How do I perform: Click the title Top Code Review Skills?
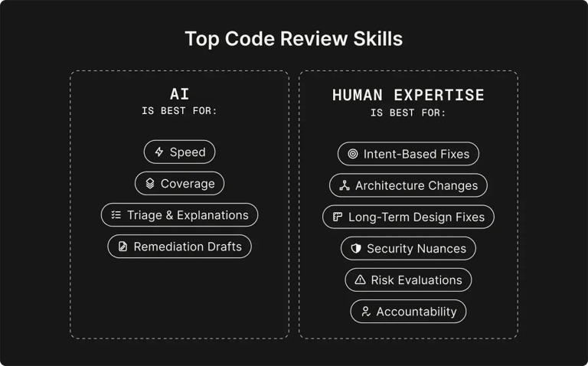click(x=293, y=38)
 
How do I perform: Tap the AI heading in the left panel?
click(x=179, y=95)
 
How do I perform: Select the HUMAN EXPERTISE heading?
click(x=408, y=95)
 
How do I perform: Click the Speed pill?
click(x=179, y=152)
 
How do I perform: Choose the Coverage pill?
click(x=179, y=184)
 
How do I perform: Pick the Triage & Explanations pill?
click(x=179, y=215)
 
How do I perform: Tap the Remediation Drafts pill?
click(x=179, y=247)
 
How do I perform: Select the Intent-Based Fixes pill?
click(x=408, y=154)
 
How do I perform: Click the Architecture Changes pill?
click(x=408, y=185)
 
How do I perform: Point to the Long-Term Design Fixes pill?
click(x=408, y=217)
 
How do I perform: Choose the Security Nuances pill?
click(x=408, y=248)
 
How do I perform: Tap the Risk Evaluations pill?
click(x=408, y=279)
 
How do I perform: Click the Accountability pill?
click(x=408, y=311)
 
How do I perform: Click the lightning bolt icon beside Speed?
click(x=159, y=152)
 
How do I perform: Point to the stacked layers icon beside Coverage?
click(x=150, y=184)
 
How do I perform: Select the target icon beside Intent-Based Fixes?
click(x=353, y=154)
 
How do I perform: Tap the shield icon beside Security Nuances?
click(x=356, y=248)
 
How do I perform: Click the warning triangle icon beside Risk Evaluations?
click(x=360, y=279)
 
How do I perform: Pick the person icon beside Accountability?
click(x=366, y=311)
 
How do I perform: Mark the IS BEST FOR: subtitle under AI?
click(x=179, y=112)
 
